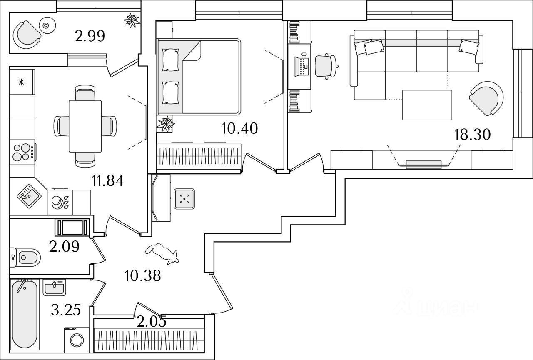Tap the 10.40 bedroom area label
(239, 128)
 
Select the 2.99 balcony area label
(90, 37)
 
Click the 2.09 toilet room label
(64, 247)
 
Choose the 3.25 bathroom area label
(66, 310)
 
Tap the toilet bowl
(26, 257)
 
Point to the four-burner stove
(23, 152)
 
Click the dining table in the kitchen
(85, 126)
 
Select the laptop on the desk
(301, 65)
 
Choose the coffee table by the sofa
(427, 105)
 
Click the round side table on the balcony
(45, 25)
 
